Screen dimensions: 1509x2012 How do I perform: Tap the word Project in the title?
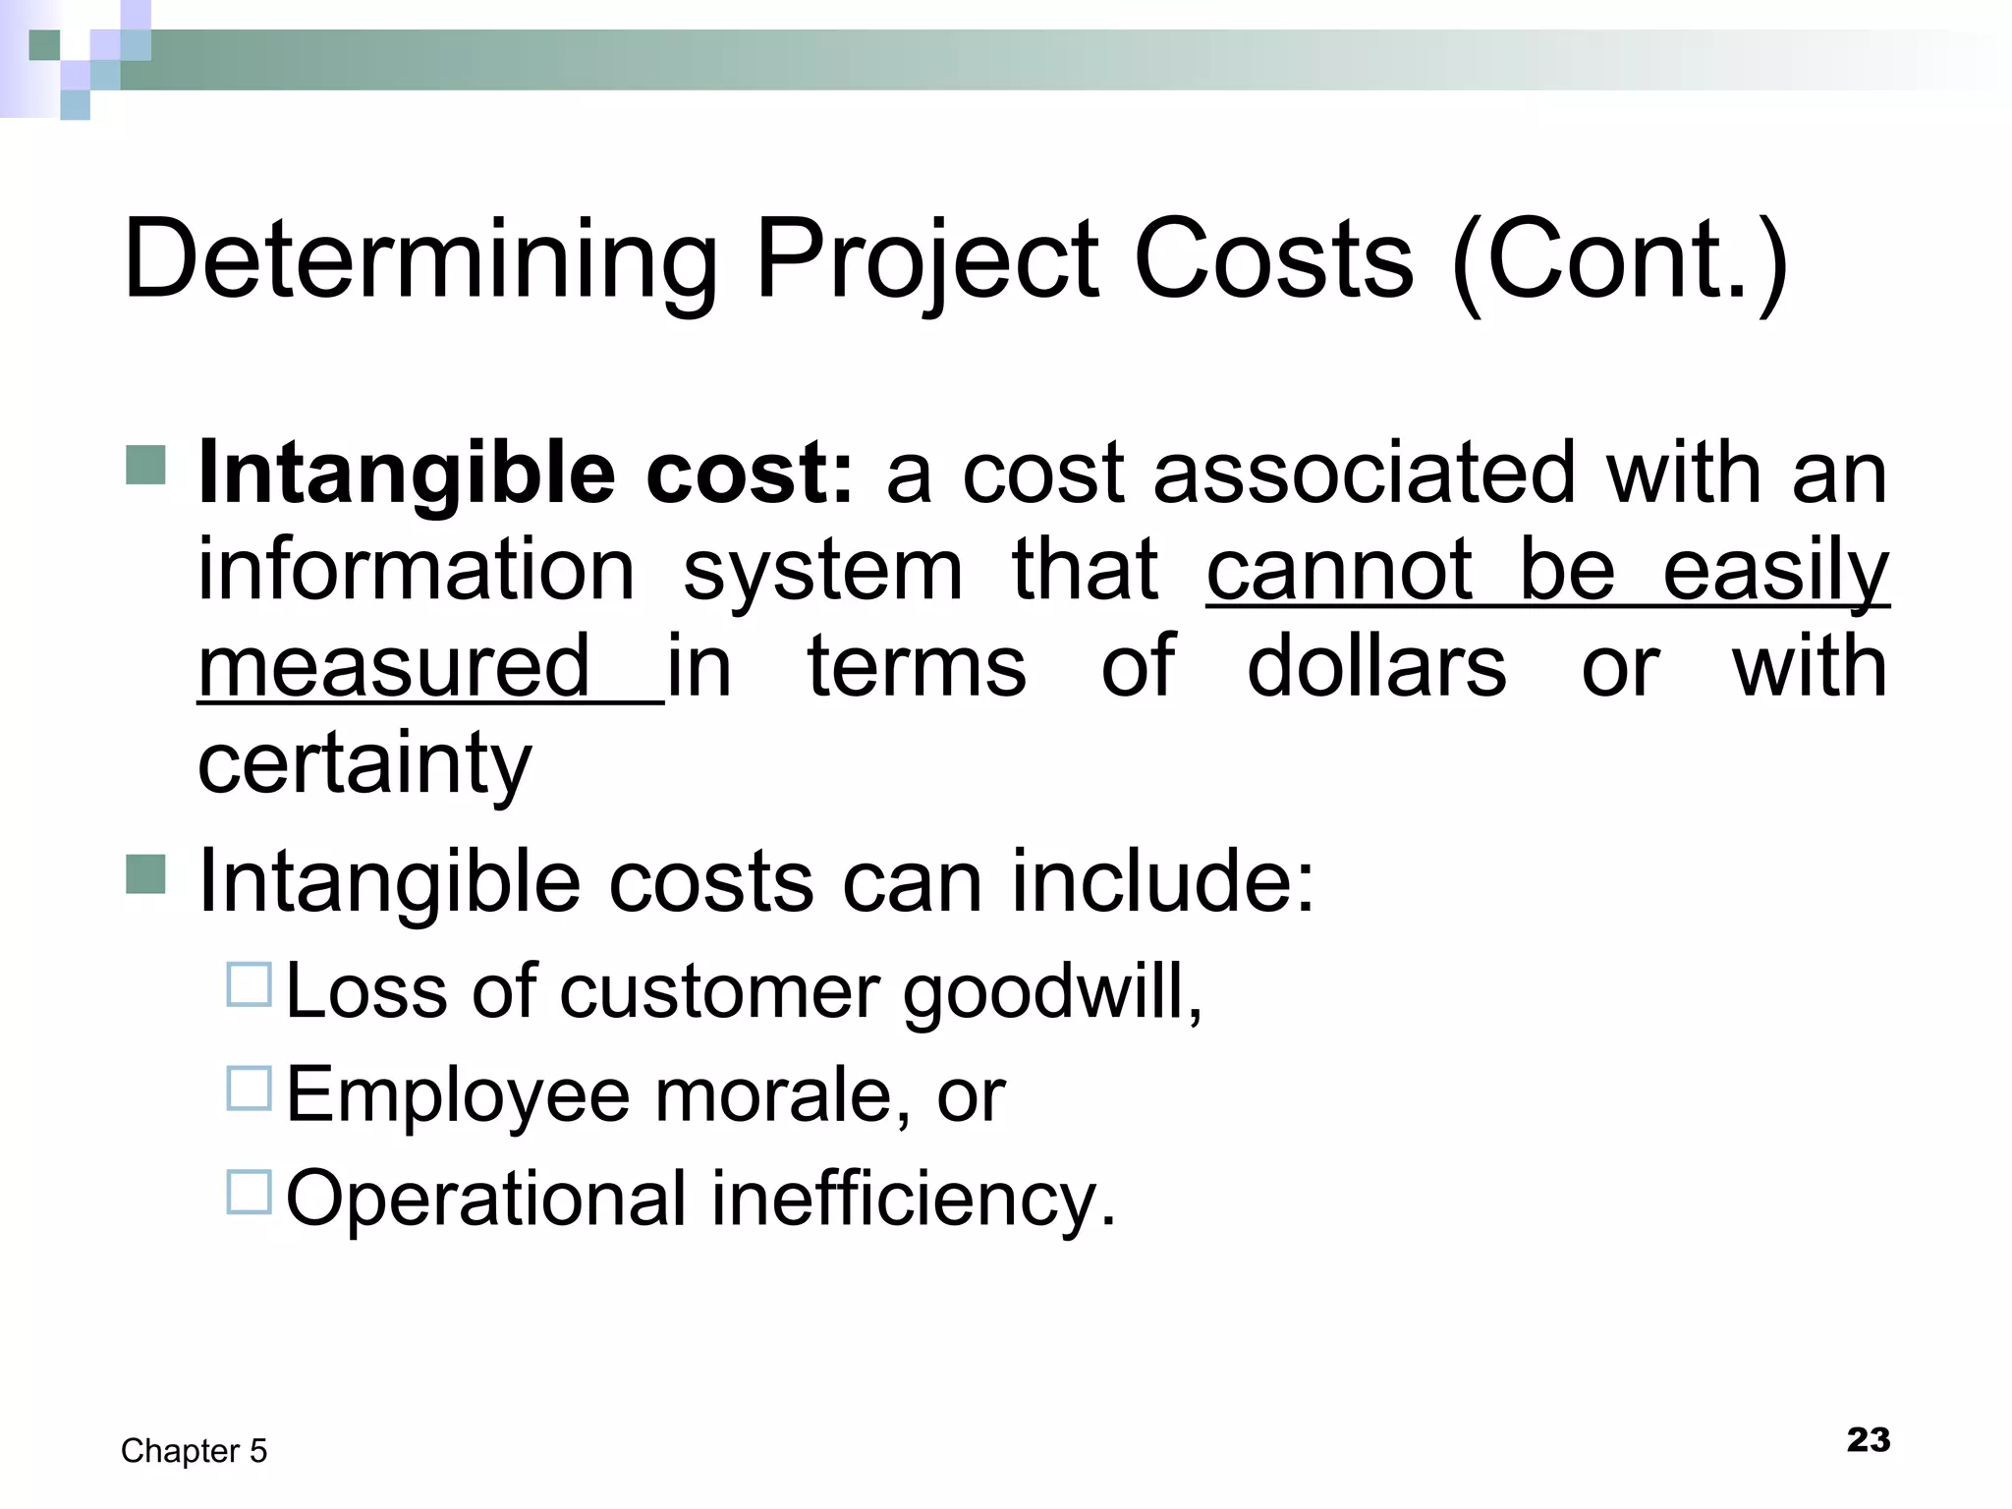[x=926, y=261]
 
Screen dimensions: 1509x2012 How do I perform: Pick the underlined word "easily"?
[x=1775, y=572]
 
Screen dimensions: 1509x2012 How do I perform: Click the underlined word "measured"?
[x=394, y=667]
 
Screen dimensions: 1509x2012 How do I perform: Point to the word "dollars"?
[x=1376, y=667]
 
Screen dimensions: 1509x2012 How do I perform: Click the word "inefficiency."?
[x=914, y=1199]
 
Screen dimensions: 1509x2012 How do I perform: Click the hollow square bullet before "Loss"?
[x=249, y=985]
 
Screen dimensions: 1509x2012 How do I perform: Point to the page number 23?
[x=1868, y=1440]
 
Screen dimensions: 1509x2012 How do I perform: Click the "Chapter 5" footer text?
[x=194, y=1451]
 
